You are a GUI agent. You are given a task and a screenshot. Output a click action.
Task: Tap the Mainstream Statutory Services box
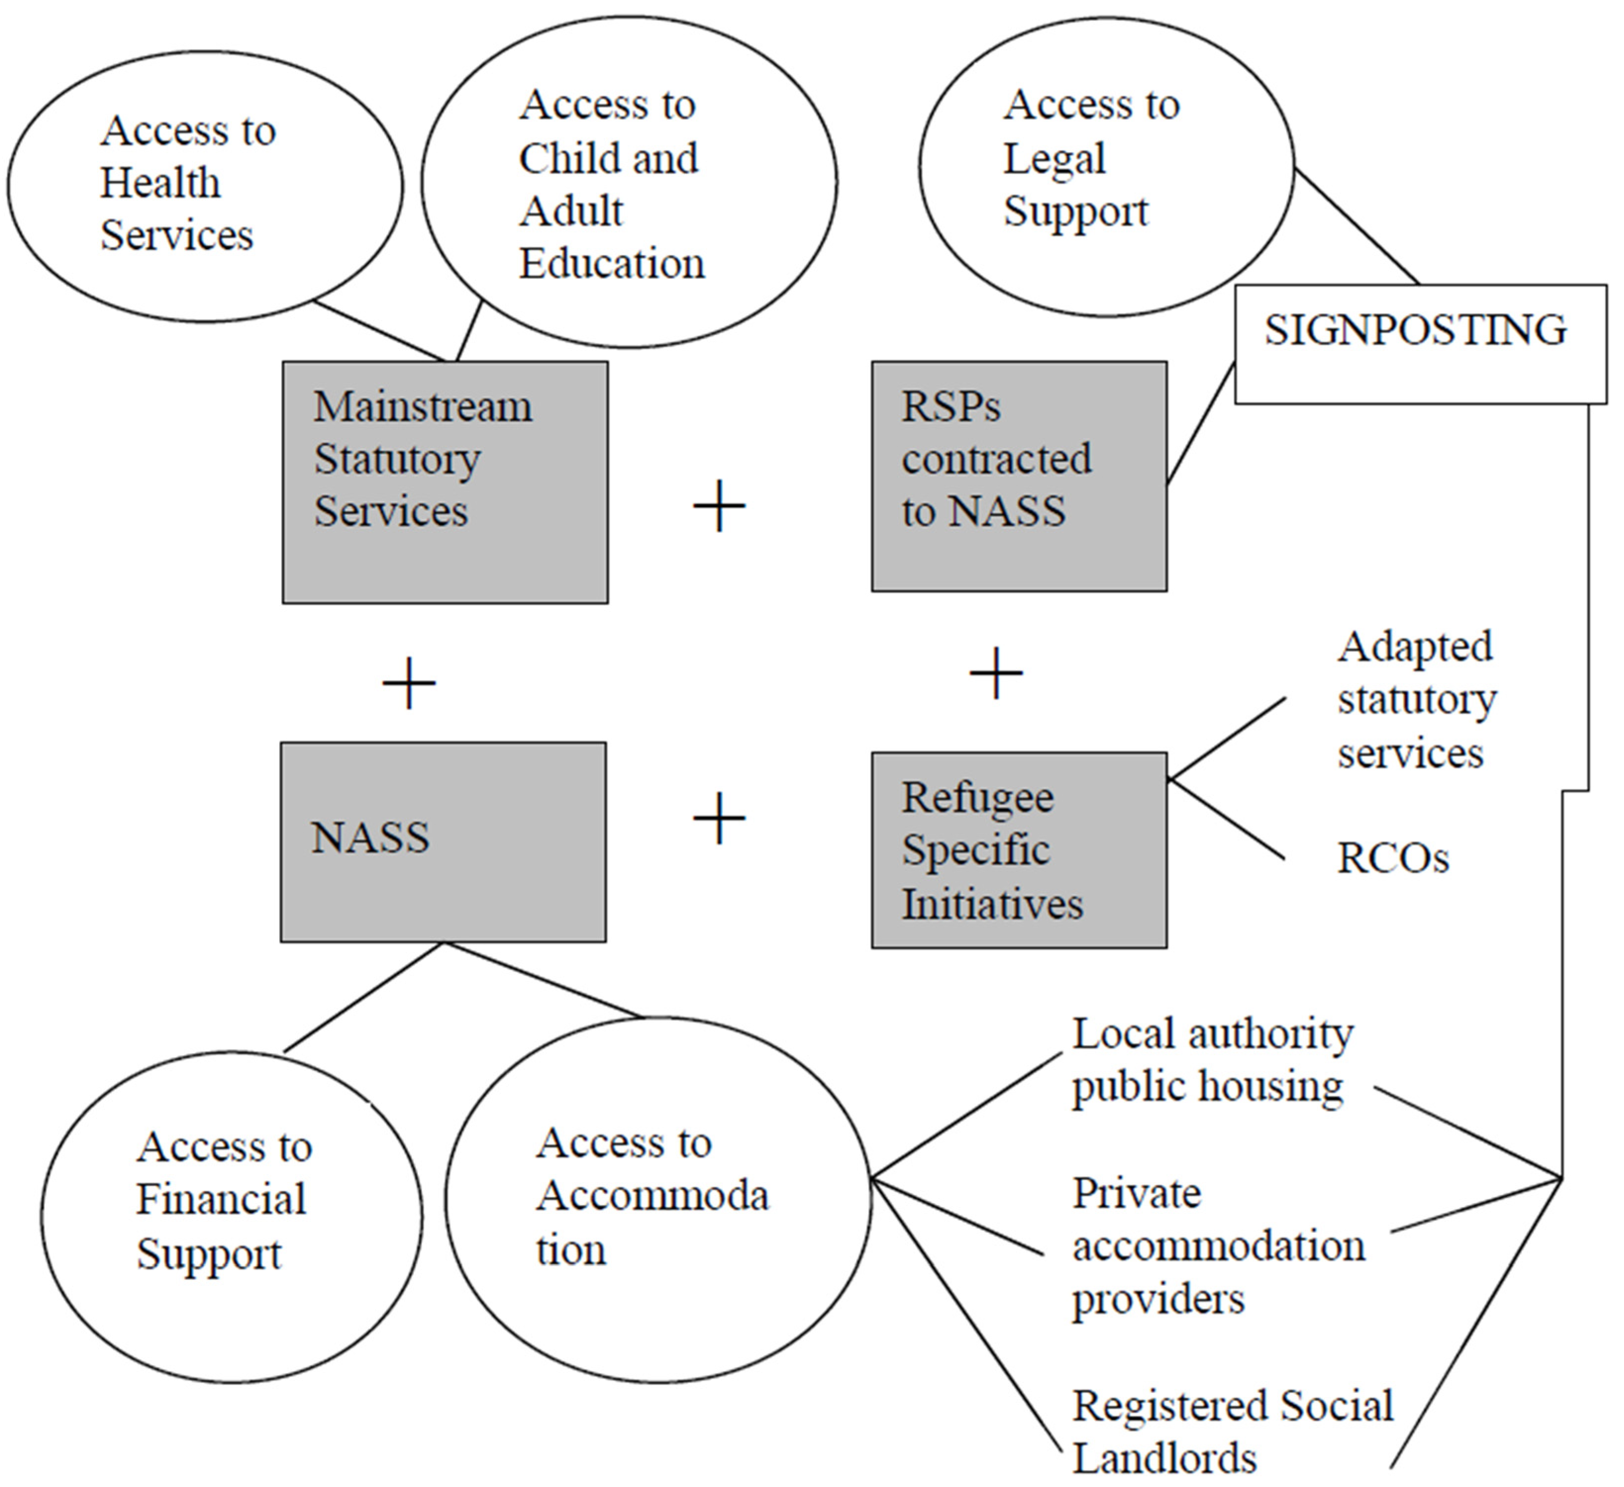pos(444,481)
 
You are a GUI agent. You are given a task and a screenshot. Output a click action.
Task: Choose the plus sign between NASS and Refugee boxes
pos(719,817)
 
